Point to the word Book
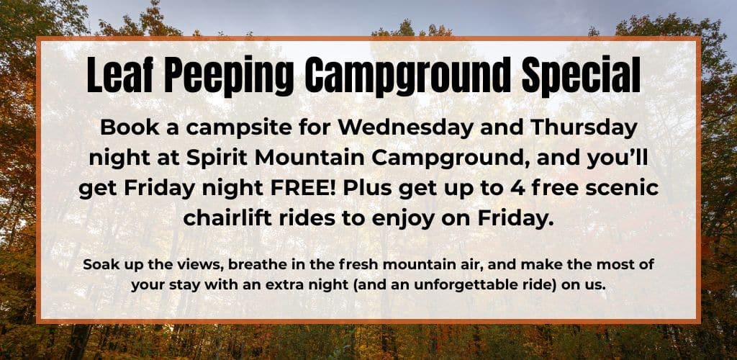[127, 128]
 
